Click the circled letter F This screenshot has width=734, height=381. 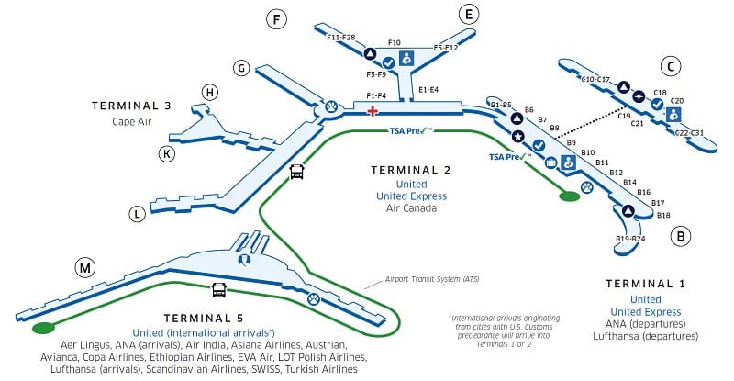click(x=274, y=18)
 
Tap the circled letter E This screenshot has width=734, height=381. click(x=469, y=14)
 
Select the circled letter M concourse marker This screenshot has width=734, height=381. click(x=84, y=268)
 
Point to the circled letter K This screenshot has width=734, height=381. click(x=166, y=153)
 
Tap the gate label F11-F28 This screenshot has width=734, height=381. click(x=341, y=37)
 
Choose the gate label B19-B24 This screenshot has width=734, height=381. click(x=630, y=240)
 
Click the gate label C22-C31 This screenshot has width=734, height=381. click(x=689, y=133)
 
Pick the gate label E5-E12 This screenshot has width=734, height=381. click(x=445, y=47)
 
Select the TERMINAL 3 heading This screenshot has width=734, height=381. click(x=131, y=106)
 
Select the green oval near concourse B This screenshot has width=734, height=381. click(x=570, y=195)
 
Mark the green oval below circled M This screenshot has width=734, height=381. click(x=42, y=328)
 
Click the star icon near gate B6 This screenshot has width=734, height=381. click(x=517, y=137)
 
